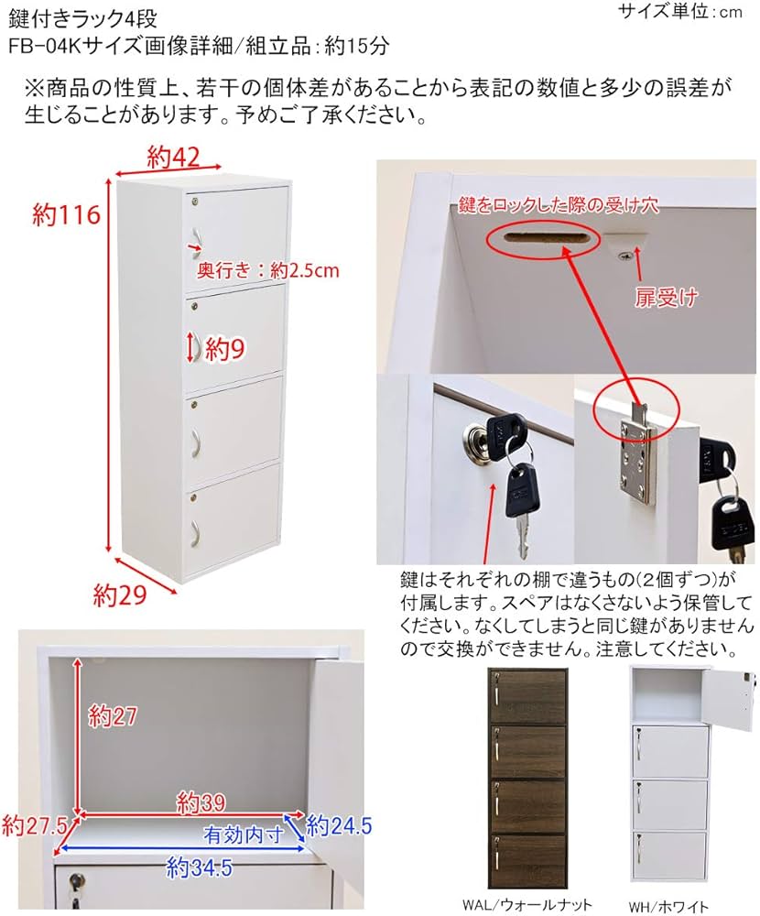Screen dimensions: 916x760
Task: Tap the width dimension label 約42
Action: pos(173,158)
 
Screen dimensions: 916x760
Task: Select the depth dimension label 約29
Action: pos(120,595)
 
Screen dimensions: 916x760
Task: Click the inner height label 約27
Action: pos(113,716)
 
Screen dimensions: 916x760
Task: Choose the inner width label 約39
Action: pos(201,803)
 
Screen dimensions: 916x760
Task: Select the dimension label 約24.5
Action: pos(339,825)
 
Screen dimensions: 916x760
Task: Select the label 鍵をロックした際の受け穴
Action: pos(559,205)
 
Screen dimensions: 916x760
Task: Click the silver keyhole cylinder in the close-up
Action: pos(478,446)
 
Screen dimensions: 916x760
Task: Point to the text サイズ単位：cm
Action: pos(680,12)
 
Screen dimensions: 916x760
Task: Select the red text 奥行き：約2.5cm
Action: pos(268,270)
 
